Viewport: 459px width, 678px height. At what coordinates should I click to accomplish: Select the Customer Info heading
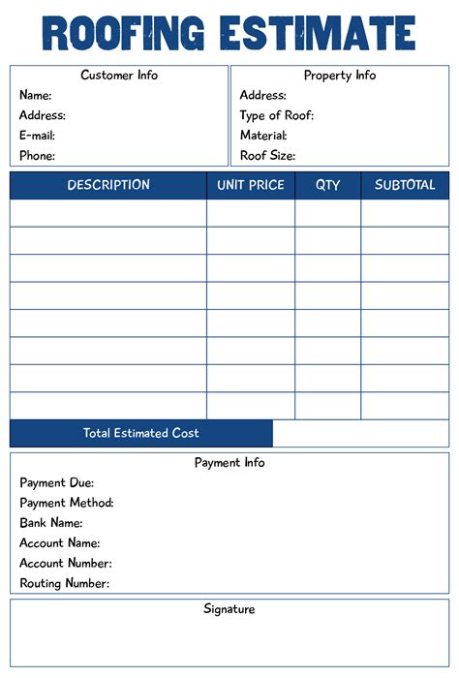click(x=119, y=76)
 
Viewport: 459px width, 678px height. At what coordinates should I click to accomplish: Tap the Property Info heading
click(x=340, y=76)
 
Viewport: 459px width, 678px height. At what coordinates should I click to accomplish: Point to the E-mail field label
click(x=37, y=136)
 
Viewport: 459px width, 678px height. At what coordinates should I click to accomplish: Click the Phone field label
click(x=37, y=156)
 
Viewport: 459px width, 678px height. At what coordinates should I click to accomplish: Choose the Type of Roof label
click(x=277, y=115)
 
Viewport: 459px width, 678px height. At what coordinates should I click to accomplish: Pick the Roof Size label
click(x=267, y=156)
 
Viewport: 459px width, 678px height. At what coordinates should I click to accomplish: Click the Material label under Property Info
click(x=263, y=136)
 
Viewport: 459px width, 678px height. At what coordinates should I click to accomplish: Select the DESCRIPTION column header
click(x=108, y=185)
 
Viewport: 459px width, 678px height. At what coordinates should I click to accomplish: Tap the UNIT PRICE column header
click(x=251, y=185)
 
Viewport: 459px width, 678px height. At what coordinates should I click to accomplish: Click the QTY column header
click(x=328, y=185)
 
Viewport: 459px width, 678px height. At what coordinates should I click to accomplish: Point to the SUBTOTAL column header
click(x=405, y=185)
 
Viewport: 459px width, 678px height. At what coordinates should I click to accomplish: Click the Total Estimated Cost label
click(x=141, y=434)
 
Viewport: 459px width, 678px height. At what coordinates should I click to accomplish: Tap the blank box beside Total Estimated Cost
click(x=360, y=434)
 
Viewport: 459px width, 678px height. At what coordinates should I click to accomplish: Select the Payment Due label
click(x=56, y=482)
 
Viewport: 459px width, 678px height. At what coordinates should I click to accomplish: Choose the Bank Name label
click(x=50, y=523)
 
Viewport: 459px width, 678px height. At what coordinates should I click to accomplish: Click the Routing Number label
click(x=64, y=584)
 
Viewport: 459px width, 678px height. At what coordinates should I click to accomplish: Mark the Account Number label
click(x=66, y=564)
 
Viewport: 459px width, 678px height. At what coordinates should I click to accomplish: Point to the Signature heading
click(x=229, y=609)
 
